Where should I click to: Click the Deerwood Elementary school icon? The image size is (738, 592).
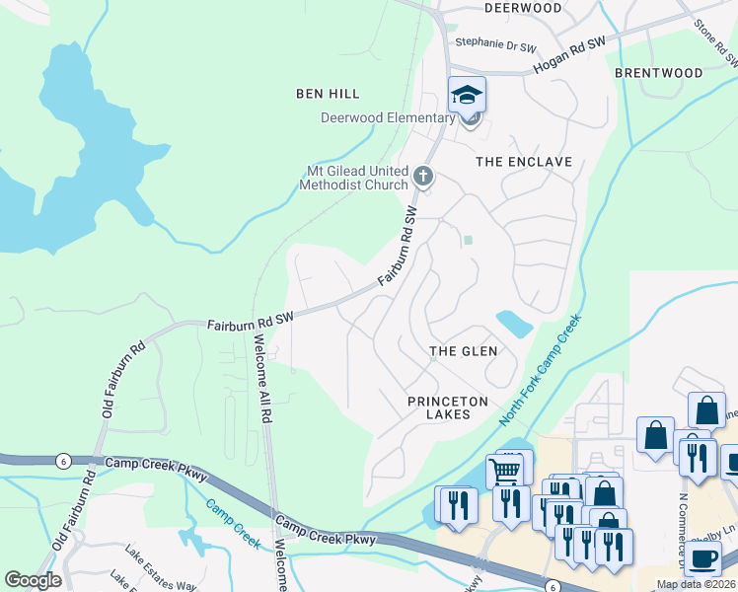tap(468, 96)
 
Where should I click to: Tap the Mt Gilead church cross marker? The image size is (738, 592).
tap(423, 177)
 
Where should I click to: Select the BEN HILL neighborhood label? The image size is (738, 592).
tap(328, 94)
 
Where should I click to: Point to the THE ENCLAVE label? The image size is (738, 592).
tap(524, 161)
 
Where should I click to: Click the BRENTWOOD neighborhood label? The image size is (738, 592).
tap(658, 73)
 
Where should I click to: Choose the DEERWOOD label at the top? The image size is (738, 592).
tap(523, 8)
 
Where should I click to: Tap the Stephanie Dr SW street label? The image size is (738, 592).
tap(494, 44)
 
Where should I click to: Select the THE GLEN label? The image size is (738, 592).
tap(463, 351)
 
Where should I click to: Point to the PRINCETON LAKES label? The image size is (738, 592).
tap(448, 408)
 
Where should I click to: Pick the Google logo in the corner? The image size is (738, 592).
tap(33, 580)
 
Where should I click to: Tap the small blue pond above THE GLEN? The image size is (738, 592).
tap(514, 322)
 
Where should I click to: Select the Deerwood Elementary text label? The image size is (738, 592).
tap(387, 118)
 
